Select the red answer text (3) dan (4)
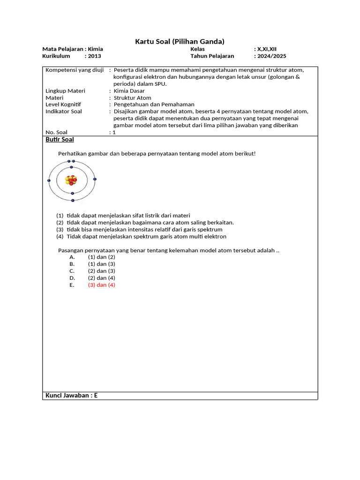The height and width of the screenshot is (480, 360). click(x=101, y=285)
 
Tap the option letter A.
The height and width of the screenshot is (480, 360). click(x=72, y=257)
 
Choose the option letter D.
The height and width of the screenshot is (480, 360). click(x=72, y=278)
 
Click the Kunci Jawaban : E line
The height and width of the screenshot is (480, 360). click(x=71, y=395)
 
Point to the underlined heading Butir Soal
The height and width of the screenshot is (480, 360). click(x=60, y=140)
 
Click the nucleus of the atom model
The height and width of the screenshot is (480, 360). click(x=72, y=180)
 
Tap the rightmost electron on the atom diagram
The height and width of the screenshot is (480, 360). click(x=95, y=179)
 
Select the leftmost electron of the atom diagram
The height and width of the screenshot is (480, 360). click(x=49, y=180)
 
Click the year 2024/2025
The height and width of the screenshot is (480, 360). click(x=271, y=56)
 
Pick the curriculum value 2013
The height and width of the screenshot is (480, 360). click(x=94, y=56)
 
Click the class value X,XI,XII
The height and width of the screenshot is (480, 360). click(x=266, y=49)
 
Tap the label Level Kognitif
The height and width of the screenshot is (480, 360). click(x=63, y=105)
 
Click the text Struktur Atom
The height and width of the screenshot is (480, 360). click(x=133, y=98)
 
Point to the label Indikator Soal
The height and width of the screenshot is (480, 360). click(x=64, y=112)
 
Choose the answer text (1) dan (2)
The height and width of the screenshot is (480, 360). click(x=101, y=257)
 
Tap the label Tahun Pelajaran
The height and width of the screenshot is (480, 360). click(x=212, y=56)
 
